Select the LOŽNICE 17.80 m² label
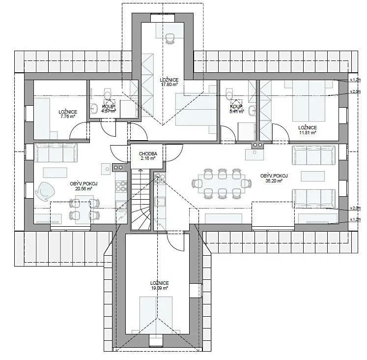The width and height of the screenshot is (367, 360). click(169, 82)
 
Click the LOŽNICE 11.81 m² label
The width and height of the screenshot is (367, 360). click(307, 129)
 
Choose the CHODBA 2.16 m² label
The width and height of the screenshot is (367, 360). click(147, 156)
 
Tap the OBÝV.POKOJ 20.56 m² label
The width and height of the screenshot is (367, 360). click(84, 186)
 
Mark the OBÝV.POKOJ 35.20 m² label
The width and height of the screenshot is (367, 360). click(274, 178)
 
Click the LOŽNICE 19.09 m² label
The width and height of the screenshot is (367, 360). click(160, 286)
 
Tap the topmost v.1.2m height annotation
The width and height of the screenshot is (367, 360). click(355, 79)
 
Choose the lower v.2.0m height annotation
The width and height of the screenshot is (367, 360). click(355, 209)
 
